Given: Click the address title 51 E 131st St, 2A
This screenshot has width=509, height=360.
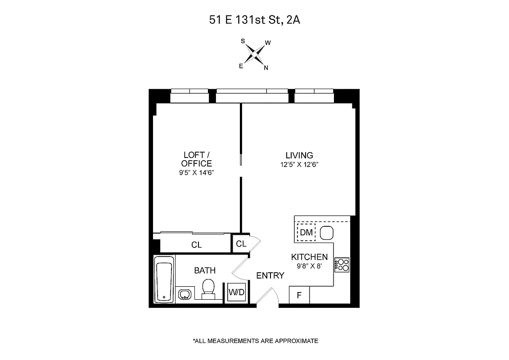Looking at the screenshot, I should pos(254,20).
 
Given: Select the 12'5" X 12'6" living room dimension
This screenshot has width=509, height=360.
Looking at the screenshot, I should pos(300,165).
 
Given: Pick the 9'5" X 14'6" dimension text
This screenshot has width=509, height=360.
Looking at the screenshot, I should pos(196,172).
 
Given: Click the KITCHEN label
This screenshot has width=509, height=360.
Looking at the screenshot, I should pos(309,257).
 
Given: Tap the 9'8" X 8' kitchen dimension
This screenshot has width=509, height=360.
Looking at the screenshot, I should pos(309,266).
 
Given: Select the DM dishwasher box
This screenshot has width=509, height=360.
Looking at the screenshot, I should pos(306,233).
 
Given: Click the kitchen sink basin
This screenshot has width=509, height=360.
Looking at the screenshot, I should pos(326,233).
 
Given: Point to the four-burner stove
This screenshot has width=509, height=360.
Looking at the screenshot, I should pos(342,265).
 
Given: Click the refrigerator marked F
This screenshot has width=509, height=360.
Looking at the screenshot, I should pos(299,296).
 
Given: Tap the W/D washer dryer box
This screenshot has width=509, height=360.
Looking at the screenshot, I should pos(236,292).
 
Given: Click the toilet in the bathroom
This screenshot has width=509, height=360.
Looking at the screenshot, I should pos(208,288).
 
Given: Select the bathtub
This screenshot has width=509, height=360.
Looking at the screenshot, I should pos(164,279).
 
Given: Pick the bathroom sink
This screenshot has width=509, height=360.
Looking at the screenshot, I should pos(185,295).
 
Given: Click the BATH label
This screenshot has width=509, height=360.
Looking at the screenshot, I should pos(205,270).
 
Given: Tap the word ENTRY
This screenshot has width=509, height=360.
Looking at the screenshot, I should pos(270,275).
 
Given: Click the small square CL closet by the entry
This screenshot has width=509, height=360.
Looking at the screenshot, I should pos(241,244).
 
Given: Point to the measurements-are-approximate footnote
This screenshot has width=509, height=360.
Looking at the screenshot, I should pos(255,341).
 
